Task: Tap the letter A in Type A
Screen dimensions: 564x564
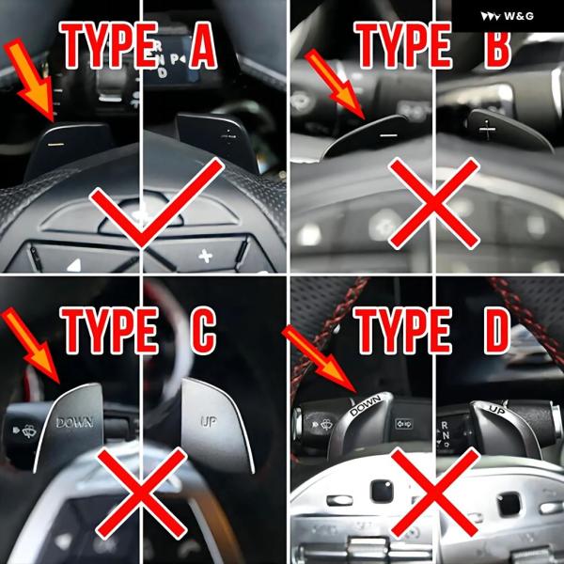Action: click(203, 45)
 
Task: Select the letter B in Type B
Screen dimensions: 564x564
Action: click(497, 45)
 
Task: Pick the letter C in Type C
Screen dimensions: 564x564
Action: click(203, 330)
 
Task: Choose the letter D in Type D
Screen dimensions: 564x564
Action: click(496, 330)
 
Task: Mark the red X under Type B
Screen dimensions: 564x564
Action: click(434, 204)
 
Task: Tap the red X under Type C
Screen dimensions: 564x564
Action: click(142, 493)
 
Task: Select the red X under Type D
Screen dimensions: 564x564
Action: click(434, 493)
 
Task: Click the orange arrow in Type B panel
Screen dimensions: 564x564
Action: click(335, 84)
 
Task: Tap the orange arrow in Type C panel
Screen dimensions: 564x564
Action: click(31, 345)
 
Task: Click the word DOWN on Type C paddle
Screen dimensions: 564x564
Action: click(75, 422)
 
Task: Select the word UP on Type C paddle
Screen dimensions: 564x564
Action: click(209, 421)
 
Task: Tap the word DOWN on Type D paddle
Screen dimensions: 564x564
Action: click(365, 405)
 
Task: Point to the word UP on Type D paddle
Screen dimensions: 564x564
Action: click(496, 409)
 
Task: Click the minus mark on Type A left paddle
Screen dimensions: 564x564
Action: click(56, 145)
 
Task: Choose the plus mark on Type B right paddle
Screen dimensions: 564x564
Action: click(487, 130)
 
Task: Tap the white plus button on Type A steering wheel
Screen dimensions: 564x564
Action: click(205, 256)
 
